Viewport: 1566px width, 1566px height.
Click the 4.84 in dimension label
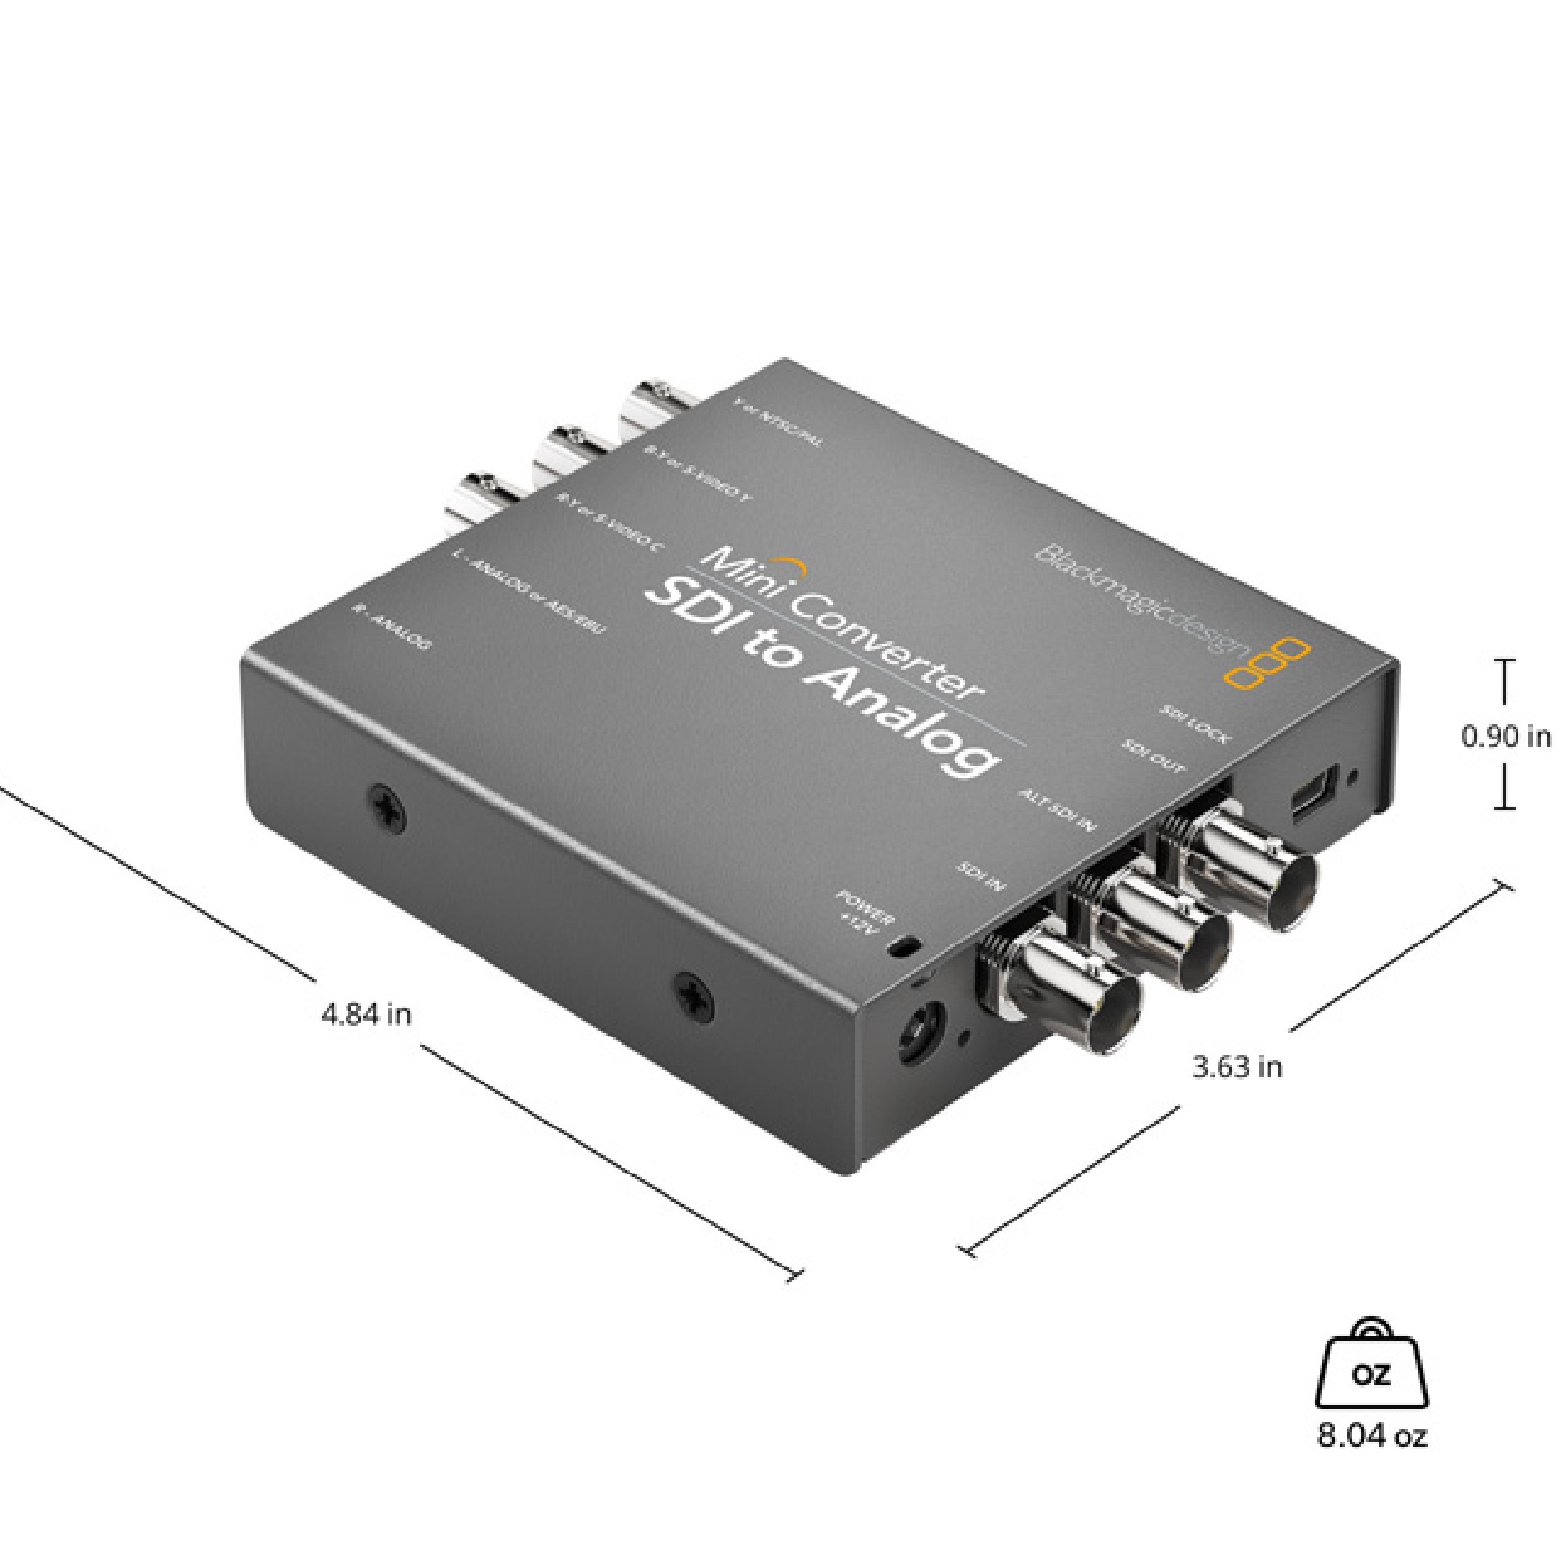[x=366, y=1014]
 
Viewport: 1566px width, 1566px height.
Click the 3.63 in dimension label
[x=1236, y=1066]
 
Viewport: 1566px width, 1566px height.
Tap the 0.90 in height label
[x=1505, y=735]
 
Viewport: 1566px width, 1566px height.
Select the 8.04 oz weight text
[x=1372, y=1436]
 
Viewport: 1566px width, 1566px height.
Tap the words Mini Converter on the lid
[x=842, y=622]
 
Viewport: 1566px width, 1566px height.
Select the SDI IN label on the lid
[x=980, y=875]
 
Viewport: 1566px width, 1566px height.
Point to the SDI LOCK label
[x=1193, y=723]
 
